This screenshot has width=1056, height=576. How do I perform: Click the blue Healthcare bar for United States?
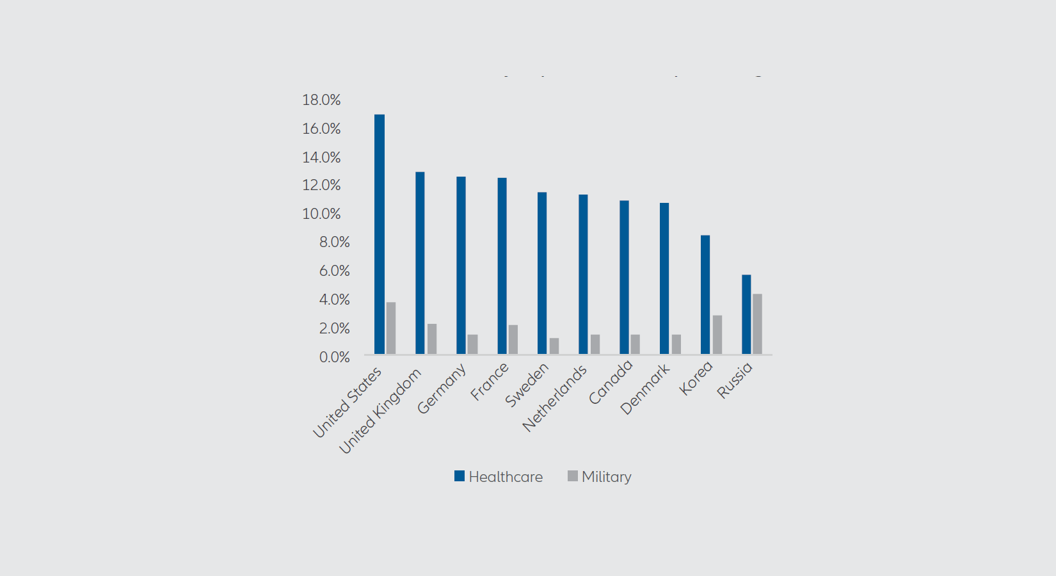(x=380, y=234)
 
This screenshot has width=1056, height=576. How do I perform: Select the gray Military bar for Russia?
(x=757, y=324)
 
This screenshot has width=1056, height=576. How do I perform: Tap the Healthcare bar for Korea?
(x=705, y=294)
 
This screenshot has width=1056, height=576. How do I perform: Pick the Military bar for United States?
(x=391, y=328)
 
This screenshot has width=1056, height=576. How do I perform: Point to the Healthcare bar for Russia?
(x=746, y=314)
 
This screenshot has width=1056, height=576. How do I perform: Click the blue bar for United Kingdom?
(x=420, y=263)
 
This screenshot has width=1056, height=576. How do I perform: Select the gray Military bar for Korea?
(x=717, y=335)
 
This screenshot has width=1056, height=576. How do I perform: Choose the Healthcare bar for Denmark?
(x=664, y=278)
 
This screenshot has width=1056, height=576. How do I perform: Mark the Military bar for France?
(x=513, y=339)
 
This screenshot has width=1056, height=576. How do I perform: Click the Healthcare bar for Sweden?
(x=542, y=273)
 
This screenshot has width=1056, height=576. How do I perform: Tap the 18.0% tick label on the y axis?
(x=321, y=100)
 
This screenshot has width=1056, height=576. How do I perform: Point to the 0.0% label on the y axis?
(x=334, y=357)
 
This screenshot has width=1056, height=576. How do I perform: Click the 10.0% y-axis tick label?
(x=321, y=214)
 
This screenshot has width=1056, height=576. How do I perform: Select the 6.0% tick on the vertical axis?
(x=334, y=271)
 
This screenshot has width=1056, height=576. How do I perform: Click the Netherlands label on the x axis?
(x=555, y=399)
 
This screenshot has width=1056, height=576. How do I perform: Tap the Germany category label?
(x=442, y=389)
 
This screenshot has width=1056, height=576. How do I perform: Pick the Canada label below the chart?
(x=611, y=382)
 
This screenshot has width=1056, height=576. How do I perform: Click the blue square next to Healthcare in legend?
(x=460, y=476)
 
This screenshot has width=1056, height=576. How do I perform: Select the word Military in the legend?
(x=606, y=477)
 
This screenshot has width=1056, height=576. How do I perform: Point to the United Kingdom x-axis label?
(x=380, y=412)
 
